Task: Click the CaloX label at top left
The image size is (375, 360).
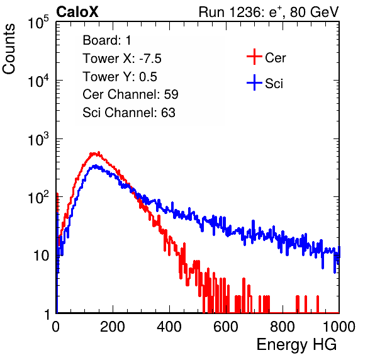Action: tap(77, 12)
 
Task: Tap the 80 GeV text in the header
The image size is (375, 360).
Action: tap(314, 12)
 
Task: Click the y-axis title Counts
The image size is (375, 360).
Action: tap(9, 49)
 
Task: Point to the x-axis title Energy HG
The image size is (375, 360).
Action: tap(296, 345)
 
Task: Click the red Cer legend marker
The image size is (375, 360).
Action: tap(254, 57)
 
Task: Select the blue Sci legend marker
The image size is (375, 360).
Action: tap(254, 82)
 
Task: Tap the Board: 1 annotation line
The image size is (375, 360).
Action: tap(107, 40)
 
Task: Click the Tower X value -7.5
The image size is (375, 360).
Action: tap(150, 59)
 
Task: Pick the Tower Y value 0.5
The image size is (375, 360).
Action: tap(148, 77)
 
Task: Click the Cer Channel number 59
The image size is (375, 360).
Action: tap(171, 94)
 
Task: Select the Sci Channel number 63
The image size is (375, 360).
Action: tap(168, 113)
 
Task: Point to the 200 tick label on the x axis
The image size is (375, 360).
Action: tap(113, 327)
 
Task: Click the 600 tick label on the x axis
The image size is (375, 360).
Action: tap(226, 327)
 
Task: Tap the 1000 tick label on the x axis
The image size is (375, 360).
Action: tap(339, 327)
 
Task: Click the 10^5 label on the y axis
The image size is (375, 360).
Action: tap(38, 22)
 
